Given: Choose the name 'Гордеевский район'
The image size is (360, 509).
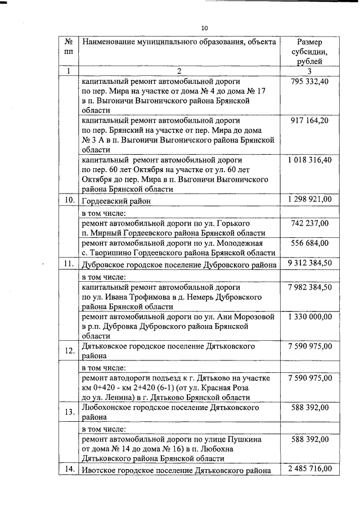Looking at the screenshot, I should tap(116, 201).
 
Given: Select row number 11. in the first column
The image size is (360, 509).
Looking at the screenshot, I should tap(69, 264).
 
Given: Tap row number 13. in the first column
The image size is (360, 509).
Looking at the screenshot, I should tap(69, 412).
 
